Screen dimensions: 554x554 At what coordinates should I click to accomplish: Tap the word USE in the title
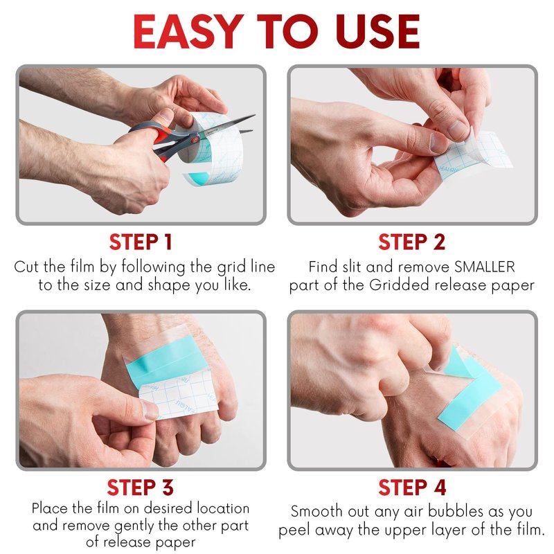click(x=377, y=32)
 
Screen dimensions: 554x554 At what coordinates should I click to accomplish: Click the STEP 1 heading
click(x=141, y=242)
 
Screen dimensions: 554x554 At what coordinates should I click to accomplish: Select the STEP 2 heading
click(x=411, y=242)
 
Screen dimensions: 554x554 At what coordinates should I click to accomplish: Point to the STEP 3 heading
click(x=141, y=488)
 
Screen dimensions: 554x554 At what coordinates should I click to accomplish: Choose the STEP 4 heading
click(x=412, y=488)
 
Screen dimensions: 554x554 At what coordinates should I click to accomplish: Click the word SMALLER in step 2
click(x=484, y=267)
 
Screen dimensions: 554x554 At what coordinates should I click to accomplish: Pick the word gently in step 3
click(x=136, y=526)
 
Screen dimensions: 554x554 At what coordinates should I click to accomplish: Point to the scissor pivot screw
click(x=194, y=140)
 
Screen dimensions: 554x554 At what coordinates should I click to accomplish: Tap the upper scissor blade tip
click(x=254, y=116)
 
